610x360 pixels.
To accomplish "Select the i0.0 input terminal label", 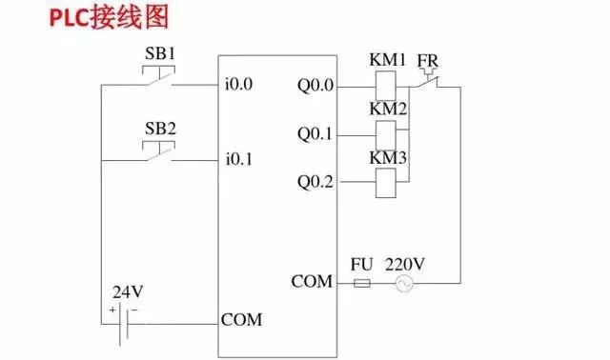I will point(238,84).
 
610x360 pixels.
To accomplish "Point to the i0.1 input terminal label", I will point(238,158).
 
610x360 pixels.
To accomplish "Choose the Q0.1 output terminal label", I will point(315,134).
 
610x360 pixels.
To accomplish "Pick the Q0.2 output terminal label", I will point(315,181).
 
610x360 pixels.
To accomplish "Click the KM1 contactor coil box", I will point(387,87).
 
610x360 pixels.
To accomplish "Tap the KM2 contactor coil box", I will point(387,134).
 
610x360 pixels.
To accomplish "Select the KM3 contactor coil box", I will point(387,181).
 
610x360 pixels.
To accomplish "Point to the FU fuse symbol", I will point(362,283).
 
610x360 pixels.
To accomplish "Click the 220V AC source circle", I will point(404,283).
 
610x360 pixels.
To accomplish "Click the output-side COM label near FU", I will point(312,282).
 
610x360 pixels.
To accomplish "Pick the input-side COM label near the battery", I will point(241,319).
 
